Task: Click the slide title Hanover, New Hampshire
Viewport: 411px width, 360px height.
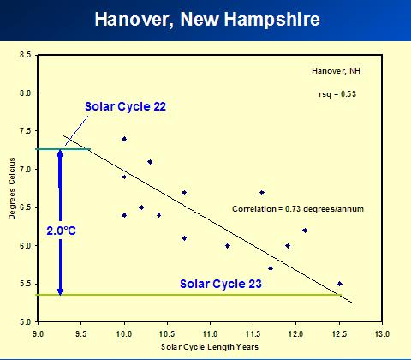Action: click(x=207, y=20)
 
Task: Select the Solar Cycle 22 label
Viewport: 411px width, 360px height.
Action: click(x=125, y=106)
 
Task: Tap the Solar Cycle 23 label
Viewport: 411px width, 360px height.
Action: click(x=221, y=284)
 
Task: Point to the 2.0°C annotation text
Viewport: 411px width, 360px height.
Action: click(x=62, y=231)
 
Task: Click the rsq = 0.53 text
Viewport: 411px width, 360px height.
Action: click(x=337, y=94)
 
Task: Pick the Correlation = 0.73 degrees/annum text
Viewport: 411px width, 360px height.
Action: click(x=298, y=209)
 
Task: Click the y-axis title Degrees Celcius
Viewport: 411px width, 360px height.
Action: click(x=12, y=189)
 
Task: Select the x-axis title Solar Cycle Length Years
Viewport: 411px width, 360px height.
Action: click(x=210, y=347)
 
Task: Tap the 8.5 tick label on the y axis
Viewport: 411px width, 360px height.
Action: click(x=25, y=55)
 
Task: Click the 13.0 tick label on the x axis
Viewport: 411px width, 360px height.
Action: click(x=382, y=333)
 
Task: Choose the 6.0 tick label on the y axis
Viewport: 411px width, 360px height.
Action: click(x=25, y=246)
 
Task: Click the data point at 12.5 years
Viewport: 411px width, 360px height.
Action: click(x=340, y=284)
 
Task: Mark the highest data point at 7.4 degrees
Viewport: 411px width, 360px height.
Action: click(x=124, y=139)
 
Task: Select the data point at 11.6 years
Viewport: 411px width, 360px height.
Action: click(x=262, y=192)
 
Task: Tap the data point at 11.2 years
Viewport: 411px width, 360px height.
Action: click(x=228, y=246)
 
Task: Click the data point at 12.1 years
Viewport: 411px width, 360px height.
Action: click(x=305, y=231)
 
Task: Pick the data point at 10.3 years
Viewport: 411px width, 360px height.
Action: click(x=150, y=162)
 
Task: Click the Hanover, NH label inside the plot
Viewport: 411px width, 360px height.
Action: click(x=336, y=70)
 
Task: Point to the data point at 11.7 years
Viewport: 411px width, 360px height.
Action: click(x=271, y=268)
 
